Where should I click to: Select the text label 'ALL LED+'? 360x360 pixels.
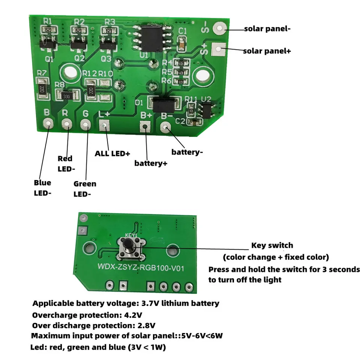112,153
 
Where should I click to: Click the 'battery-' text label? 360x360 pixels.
187,152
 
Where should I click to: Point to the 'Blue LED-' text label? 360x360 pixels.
42,187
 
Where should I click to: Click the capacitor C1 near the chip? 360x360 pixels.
182,44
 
